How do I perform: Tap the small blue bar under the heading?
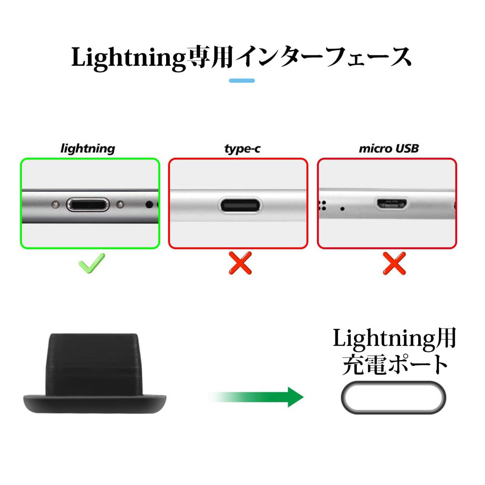[x=242, y=80]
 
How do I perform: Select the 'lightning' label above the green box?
[x=88, y=149]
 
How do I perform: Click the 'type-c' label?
[x=242, y=149]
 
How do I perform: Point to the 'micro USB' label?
[x=388, y=149]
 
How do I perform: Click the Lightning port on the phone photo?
[x=88, y=205]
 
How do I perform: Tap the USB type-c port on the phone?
[x=239, y=205]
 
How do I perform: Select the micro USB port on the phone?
[x=392, y=204]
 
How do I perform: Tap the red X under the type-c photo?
[x=240, y=263]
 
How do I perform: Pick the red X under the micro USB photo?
[x=394, y=263]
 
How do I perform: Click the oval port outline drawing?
[x=393, y=398]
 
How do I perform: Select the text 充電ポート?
[x=395, y=365]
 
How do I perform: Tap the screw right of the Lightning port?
[x=120, y=205]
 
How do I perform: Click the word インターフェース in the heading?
[x=323, y=58]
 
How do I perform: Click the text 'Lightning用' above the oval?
[x=394, y=338]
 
